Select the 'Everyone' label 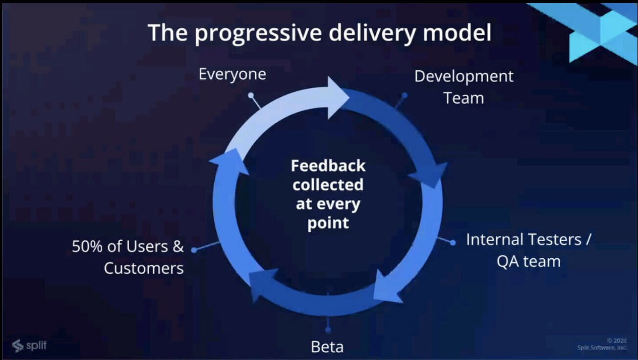(232, 74)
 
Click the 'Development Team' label (464, 87)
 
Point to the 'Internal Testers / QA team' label (528, 250)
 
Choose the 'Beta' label (327, 347)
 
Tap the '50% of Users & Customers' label (128, 257)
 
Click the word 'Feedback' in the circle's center (328, 166)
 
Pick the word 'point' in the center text (328, 223)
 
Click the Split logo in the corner (29, 345)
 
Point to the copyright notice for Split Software (602, 344)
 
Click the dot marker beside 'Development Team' (404, 95)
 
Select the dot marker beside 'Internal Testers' (453, 243)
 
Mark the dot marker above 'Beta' (328, 330)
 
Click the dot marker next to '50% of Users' (194, 250)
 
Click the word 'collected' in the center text (328, 185)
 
